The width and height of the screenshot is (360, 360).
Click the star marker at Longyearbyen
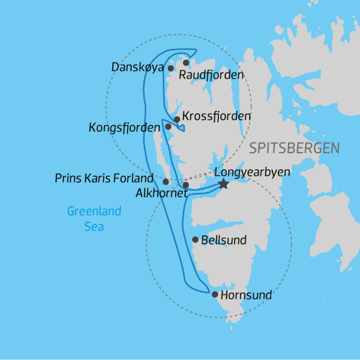point(223,184)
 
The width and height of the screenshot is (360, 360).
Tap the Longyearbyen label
point(246,173)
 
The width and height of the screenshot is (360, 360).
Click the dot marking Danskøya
point(171,68)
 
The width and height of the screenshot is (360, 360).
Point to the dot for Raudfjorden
point(186,63)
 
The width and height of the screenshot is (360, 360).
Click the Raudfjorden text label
point(211,75)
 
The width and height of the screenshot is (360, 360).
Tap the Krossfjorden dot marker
point(177,120)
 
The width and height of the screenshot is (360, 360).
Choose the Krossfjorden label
point(217,116)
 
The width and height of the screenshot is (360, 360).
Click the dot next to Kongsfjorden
point(168,127)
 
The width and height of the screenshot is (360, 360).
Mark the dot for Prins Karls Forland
point(166,181)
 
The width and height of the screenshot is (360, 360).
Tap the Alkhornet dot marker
point(186,185)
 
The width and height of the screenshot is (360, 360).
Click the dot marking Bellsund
point(195,240)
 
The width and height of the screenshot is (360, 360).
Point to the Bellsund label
point(225,240)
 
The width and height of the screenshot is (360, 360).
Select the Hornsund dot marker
point(215,294)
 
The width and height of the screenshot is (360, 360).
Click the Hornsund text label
point(246,294)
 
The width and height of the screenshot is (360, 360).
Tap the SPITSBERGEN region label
point(294,148)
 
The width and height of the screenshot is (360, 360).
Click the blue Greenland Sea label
point(94,219)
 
